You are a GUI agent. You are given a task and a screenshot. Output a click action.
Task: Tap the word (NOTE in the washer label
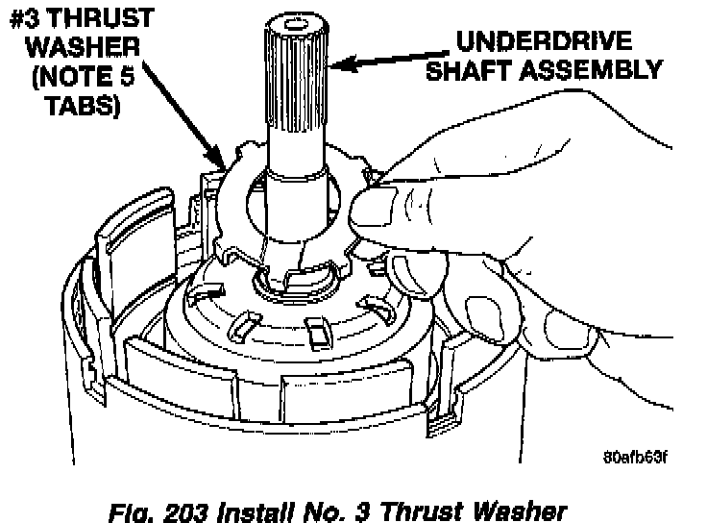(x=62, y=76)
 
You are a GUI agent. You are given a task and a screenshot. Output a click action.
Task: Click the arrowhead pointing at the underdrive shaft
(x=339, y=63)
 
